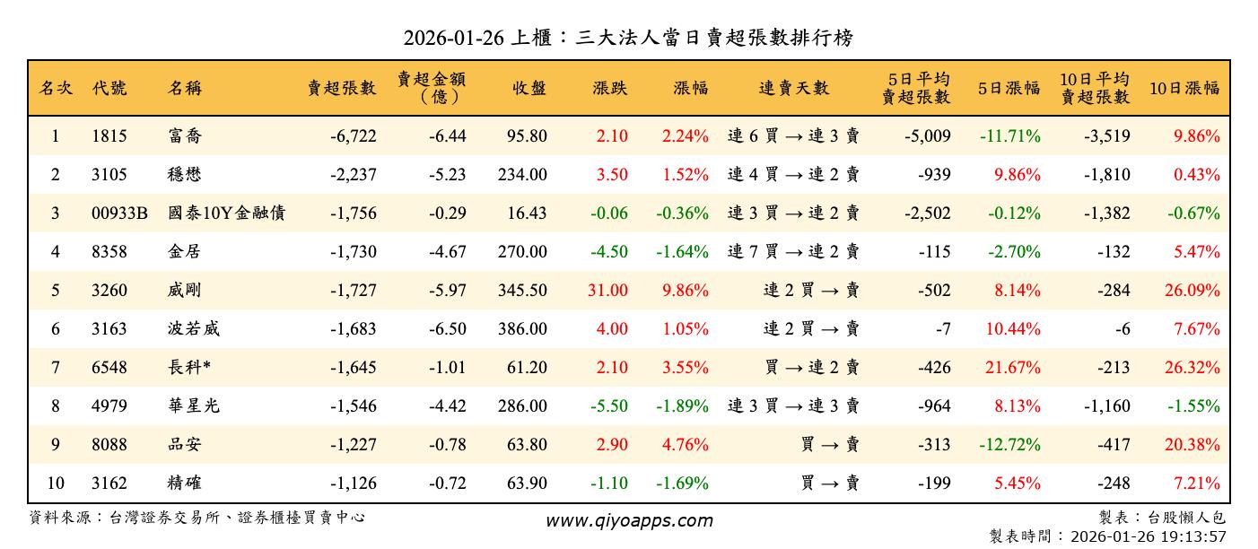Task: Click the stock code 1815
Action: click(109, 136)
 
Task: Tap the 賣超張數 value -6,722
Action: click(353, 136)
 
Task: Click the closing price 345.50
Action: click(522, 291)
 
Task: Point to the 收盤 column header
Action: click(529, 88)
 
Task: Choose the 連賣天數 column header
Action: click(794, 88)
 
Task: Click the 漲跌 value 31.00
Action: click(610, 291)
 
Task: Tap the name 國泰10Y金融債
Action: click(227, 213)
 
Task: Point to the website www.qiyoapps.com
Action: click(629, 520)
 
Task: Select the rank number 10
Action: click(56, 484)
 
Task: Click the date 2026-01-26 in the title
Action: click(453, 38)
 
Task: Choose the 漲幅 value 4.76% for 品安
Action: click(686, 445)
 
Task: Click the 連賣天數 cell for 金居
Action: click(793, 252)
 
